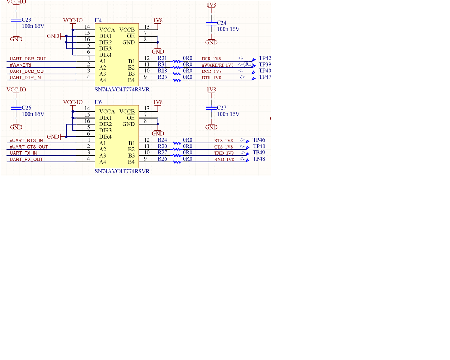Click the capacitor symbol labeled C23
coord(16,21)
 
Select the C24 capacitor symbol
coord(211,24)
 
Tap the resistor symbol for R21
coord(177,61)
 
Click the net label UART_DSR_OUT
coord(28,59)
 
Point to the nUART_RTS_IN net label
coord(26,140)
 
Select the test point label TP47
coord(265,77)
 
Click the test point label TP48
coord(259,159)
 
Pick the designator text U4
coord(98,20)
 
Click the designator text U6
coord(98,102)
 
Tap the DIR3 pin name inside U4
coord(105,49)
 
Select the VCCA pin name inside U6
coord(107,112)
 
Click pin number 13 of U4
coord(146,27)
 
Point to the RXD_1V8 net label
coord(224,160)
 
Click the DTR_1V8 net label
coord(211,78)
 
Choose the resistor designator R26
coord(162,159)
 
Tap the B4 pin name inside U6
coord(131,162)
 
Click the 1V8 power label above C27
coord(211,90)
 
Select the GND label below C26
coord(16,127)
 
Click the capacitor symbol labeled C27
coord(211,109)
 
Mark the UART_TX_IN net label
coord(23,153)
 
